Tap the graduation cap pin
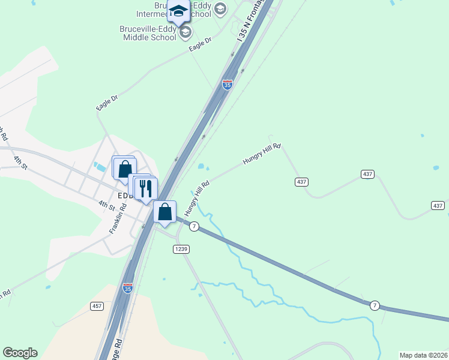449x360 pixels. [x=178, y=11]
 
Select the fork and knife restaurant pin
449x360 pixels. [x=145, y=188]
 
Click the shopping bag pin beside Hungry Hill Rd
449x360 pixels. [x=164, y=212]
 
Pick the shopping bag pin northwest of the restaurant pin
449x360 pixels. [x=125, y=169]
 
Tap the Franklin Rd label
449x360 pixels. [x=118, y=219]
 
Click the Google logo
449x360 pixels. [x=20, y=353]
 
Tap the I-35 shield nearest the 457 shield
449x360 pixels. [x=127, y=288]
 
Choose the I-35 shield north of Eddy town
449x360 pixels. [x=227, y=85]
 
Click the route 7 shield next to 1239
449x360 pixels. [x=194, y=226]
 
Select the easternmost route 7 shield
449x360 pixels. [x=375, y=305]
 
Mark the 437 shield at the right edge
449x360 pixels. [x=438, y=205]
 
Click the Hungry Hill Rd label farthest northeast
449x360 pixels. [x=262, y=154]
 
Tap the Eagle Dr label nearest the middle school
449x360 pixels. [x=200, y=45]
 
